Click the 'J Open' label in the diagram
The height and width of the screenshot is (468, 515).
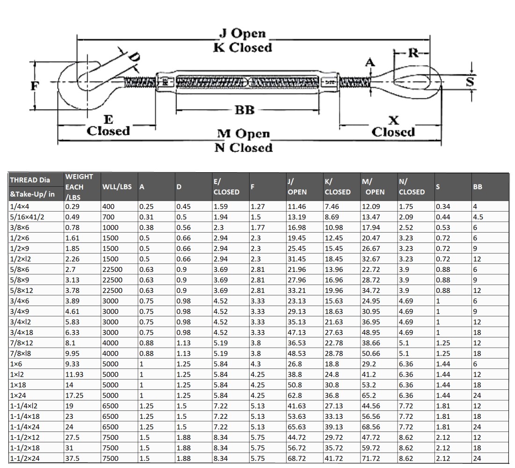pyautogui.click(x=243, y=34)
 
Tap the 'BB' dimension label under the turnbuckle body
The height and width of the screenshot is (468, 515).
pyautogui.click(x=244, y=110)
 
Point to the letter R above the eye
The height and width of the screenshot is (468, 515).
pyautogui.click(x=413, y=53)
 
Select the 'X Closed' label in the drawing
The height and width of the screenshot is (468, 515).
pyautogui.click(x=393, y=126)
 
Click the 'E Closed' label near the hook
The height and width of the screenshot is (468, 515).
pyautogui.click(x=108, y=125)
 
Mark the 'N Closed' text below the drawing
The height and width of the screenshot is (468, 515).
pyautogui.click(x=243, y=148)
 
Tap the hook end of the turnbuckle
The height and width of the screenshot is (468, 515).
pyautogui.click(x=80, y=84)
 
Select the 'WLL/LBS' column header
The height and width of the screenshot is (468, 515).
pyautogui.click(x=117, y=187)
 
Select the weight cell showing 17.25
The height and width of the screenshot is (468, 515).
pyautogui.click(x=75, y=396)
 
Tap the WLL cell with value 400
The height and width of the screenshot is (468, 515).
pyautogui.click(x=108, y=205)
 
